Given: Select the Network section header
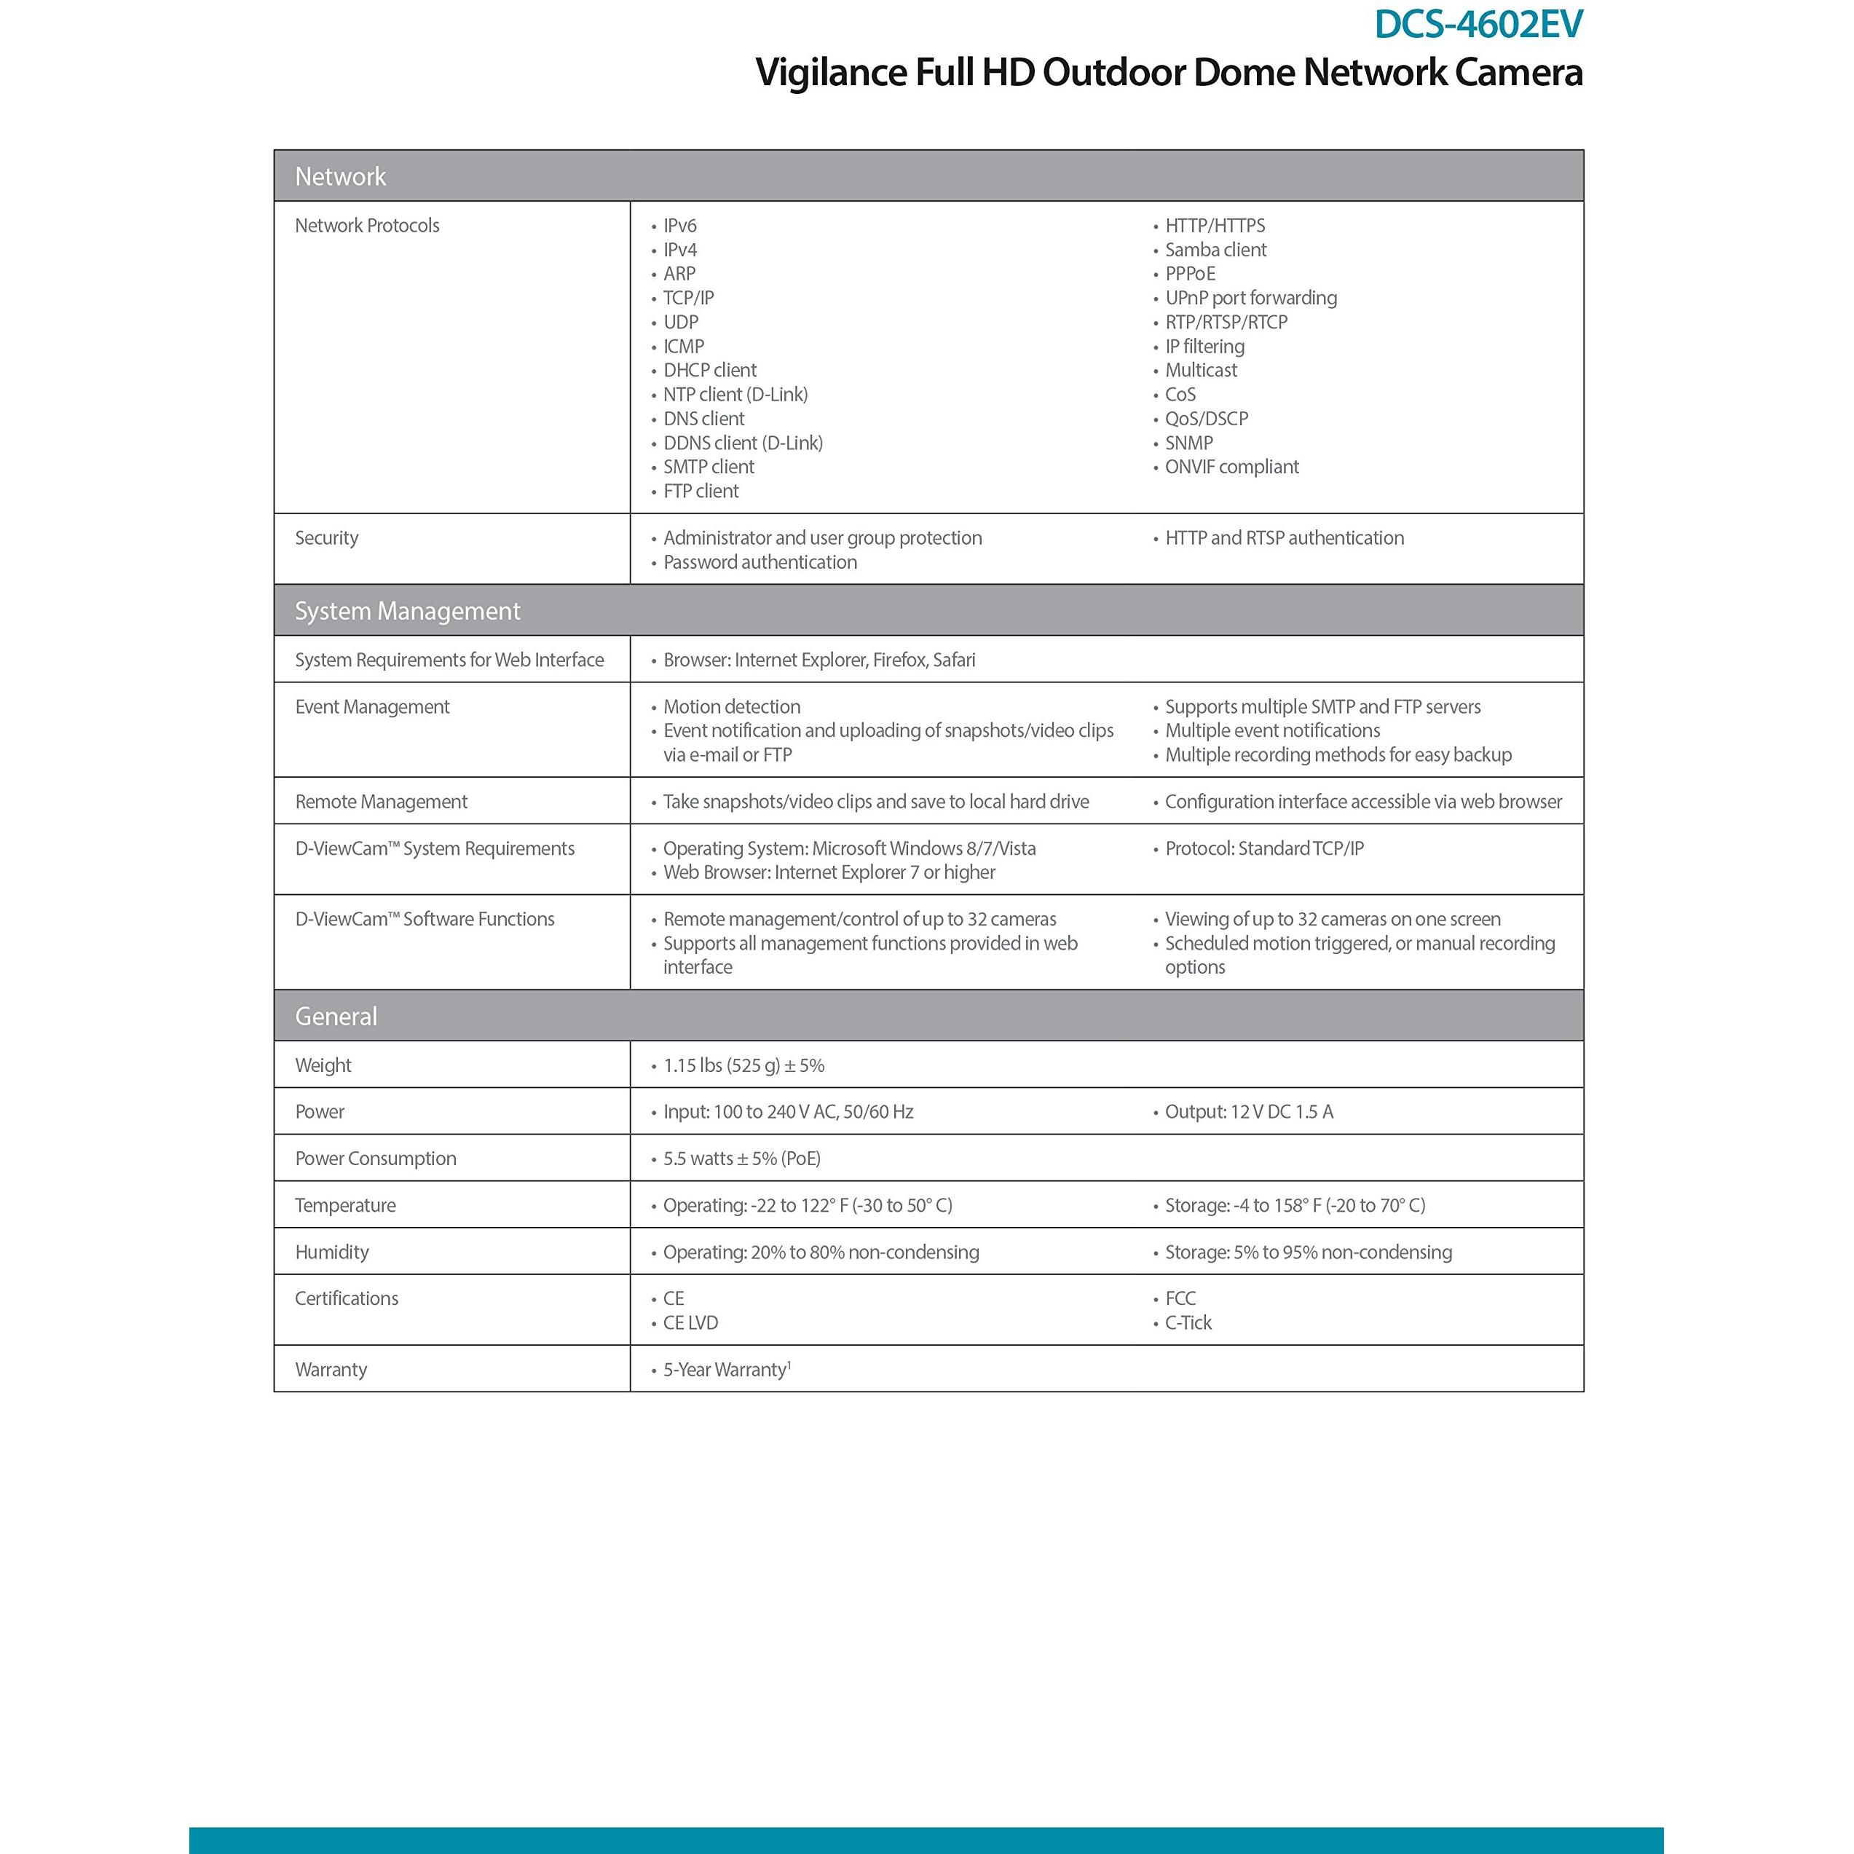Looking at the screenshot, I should coord(340,176).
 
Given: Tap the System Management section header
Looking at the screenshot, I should coord(407,611).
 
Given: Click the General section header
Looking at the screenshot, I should coord(336,1017).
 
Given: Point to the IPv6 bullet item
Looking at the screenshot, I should coord(679,226).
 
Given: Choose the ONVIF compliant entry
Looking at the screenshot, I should coord(1231,468).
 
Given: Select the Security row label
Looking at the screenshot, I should coord(326,538).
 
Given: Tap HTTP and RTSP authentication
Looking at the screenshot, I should coord(1284,538).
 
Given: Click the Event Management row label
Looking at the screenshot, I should coord(372,707).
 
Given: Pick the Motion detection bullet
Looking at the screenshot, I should coord(731,707).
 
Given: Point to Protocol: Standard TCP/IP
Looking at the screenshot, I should coord(1264,848).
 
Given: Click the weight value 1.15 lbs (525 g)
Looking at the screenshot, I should coord(743,1065).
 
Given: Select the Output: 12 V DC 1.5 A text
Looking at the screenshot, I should coord(1248,1112).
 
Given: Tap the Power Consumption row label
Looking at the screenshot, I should coord(375,1159).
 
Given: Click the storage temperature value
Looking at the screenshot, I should coord(1295,1205).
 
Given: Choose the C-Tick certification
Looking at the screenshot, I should coord(1188,1323).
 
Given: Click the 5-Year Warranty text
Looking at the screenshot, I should coord(725,1370).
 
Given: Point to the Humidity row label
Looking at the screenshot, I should coord(332,1253).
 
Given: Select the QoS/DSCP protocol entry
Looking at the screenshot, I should coord(1206,419).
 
